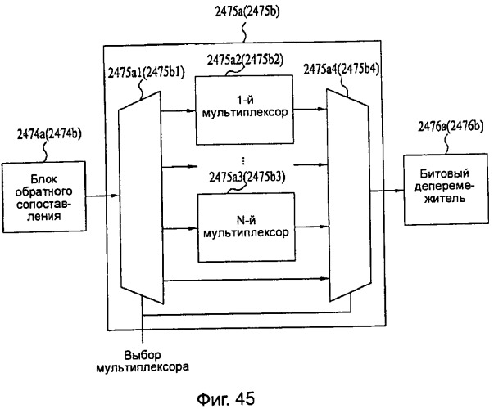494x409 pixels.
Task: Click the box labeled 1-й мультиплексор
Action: pos(244,110)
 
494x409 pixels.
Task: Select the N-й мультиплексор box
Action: pos(246,227)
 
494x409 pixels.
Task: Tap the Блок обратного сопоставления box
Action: pos(43,197)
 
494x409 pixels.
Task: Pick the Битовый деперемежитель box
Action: pos(446,189)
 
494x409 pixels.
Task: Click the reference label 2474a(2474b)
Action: pos(49,134)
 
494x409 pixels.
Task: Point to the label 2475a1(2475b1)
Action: pos(146,73)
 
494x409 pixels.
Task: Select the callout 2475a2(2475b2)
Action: pos(245,60)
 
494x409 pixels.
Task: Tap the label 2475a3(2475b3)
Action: pos(247,178)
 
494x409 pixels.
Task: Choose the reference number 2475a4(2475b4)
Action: pos(341,70)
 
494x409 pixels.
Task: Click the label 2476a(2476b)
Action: pos(451,126)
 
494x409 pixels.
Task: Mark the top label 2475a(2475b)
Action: pos(247,11)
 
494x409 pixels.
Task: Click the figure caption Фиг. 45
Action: pos(225,399)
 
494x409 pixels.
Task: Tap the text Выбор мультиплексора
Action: pos(143,362)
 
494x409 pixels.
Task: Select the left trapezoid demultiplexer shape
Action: pos(141,198)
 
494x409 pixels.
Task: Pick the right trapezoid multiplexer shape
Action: pos(349,196)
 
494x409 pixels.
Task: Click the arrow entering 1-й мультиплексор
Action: pos(178,110)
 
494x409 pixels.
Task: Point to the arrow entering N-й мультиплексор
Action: pos(180,229)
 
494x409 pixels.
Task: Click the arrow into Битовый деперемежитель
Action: pos(387,191)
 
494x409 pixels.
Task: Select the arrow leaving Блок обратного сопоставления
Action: pos(102,196)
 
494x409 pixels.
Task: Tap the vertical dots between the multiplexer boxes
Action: pos(243,161)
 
